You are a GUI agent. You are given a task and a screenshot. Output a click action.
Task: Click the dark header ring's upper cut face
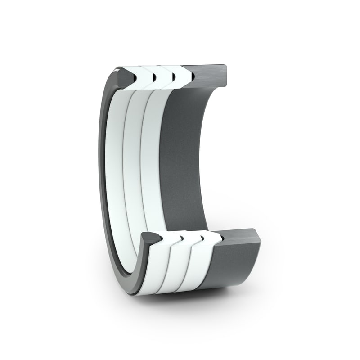tap(122, 76)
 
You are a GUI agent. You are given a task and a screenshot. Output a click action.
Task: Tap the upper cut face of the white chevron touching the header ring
tap(143, 76)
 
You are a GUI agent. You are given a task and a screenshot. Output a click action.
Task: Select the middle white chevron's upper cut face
tap(163, 76)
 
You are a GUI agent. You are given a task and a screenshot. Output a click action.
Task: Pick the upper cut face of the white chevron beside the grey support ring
tap(182, 75)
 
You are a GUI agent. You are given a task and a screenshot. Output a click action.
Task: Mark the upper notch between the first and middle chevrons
tap(154, 78)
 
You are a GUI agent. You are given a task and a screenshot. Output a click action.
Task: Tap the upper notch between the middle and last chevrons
tap(174, 77)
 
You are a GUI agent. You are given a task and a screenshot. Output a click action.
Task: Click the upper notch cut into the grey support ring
tap(193, 77)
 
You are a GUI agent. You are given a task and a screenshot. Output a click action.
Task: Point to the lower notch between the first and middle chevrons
tap(182, 236)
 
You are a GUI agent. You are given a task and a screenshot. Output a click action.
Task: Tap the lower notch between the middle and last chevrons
tap(202, 235)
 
